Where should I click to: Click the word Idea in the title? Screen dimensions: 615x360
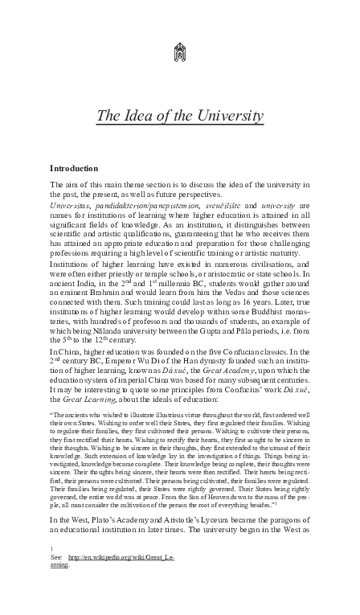pos(146,117)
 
